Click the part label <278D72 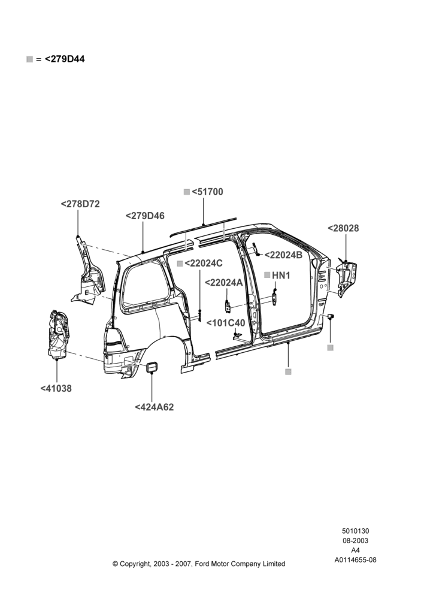coord(80,204)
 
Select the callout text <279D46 coord(145,216)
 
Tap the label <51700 coord(207,192)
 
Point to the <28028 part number coord(343,228)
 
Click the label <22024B coord(283,255)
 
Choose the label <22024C coord(204,263)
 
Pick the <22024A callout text coord(224,282)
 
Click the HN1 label coord(281,275)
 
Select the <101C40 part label coord(226,323)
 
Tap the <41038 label coord(56,389)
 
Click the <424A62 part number coord(155,407)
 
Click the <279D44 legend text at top coord(65,59)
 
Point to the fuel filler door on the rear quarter coord(152,367)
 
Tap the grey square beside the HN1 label coord(267,275)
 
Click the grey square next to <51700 coord(187,192)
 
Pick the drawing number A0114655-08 coord(355,560)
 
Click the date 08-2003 coord(355,540)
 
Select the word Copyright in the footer coord(135,564)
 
